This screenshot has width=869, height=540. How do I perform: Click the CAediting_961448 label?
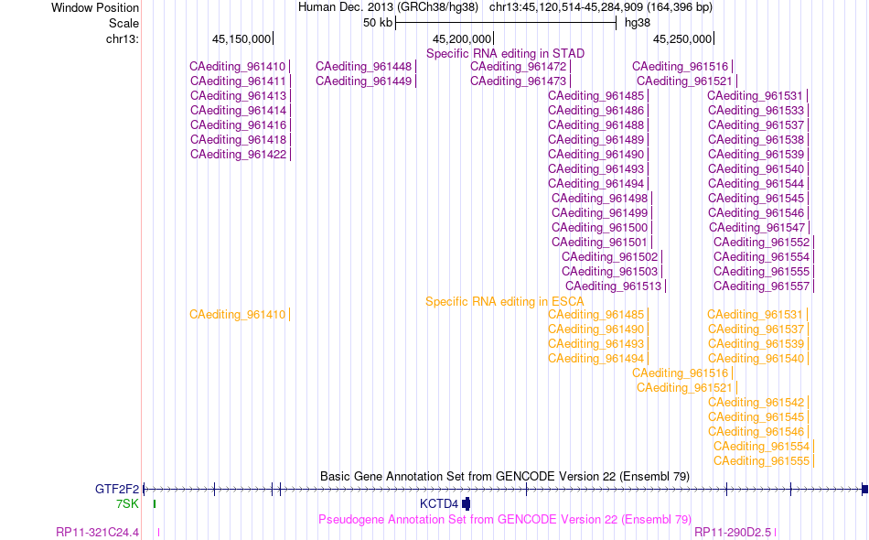pyautogui.click(x=363, y=67)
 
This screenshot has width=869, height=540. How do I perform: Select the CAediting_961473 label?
pyautogui.click(x=518, y=81)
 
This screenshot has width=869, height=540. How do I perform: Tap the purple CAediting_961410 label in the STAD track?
pyautogui.click(x=237, y=67)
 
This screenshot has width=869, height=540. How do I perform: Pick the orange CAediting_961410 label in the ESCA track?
pyautogui.click(x=237, y=315)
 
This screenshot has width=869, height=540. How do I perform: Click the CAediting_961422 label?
pyautogui.click(x=239, y=155)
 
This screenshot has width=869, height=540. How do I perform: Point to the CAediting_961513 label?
pyautogui.click(x=614, y=286)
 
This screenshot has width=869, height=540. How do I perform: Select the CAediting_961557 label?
pyautogui.click(x=761, y=286)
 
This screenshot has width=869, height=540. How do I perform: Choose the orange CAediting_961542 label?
pyautogui.click(x=756, y=403)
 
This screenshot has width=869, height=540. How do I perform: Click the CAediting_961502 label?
pyautogui.click(x=609, y=257)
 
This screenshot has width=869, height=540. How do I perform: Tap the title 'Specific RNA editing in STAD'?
pyautogui.click(x=506, y=54)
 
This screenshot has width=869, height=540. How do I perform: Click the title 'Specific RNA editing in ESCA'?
pyautogui.click(x=505, y=302)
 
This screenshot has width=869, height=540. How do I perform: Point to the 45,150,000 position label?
pyautogui.click(x=241, y=39)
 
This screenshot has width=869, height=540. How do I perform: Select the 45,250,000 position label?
pyautogui.click(x=682, y=39)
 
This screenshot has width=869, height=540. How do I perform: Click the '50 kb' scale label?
pyautogui.click(x=378, y=23)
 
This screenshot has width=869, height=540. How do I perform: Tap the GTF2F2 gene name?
pyautogui.click(x=117, y=489)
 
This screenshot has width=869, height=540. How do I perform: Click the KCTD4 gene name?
pyautogui.click(x=439, y=504)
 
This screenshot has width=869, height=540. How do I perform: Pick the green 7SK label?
pyautogui.click(x=127, y=504)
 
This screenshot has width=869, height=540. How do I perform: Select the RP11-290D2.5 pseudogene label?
pyautogui.click(x=733, y=533)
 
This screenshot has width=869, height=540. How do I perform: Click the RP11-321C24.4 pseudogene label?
pyautogui.click(x=98, y=533)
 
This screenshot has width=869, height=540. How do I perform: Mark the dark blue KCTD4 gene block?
pyautogui.click(x=467, y=504)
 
